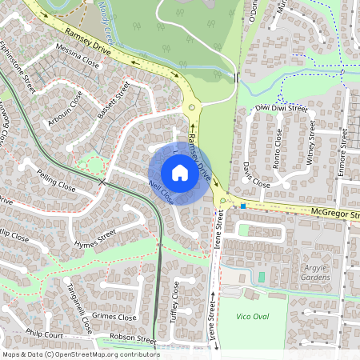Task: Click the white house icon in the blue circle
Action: (x=179, y=173)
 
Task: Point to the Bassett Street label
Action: (x=113, y=102)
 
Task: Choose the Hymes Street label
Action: (x=95, y=238)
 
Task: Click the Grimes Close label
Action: (x=115, y=316)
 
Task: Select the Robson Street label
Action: (x=134, y=338)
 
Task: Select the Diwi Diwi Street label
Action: (x=281, y=107)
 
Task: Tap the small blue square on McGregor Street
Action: (x=242, y=206)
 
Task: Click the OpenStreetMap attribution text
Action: (x=80, y=354)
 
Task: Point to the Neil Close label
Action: (x=161, y=192)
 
